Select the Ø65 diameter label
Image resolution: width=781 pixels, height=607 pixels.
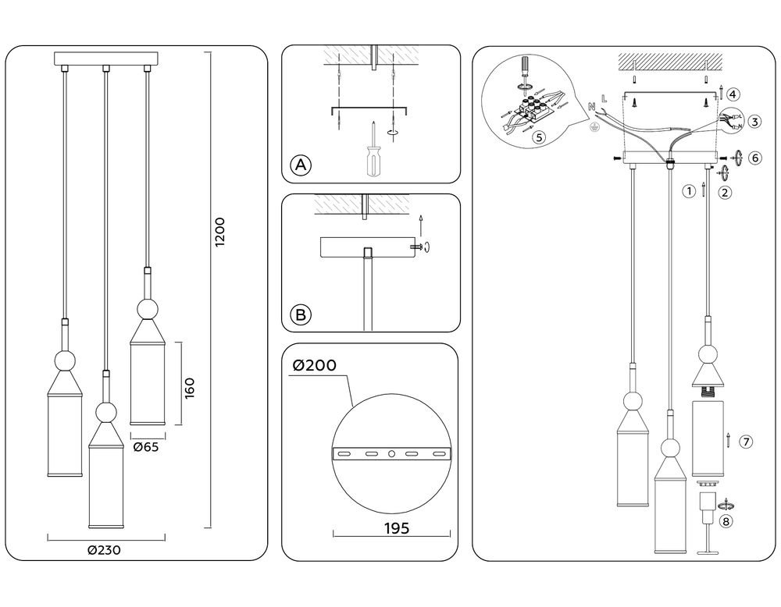pyautogui.click(x=146, y=447)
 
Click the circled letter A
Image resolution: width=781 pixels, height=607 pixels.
pyautogui.click(x=301, y=165)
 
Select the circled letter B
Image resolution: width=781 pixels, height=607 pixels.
pyautogui.click(x=301, y=315)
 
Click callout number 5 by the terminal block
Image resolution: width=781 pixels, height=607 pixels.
pyautogui.click(x=538, y=137)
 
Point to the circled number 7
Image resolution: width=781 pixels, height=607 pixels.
pyautogui.click(x=745, y=442)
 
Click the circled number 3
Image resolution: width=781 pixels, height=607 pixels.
pyautogui.click(x=754, y=122)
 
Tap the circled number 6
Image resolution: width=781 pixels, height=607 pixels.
pyautogui.click(x=754, y=157)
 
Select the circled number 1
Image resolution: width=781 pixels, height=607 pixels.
pyautogui.click(x=689, y=190)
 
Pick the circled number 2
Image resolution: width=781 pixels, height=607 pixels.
pyautogui.click(x=726, y=192)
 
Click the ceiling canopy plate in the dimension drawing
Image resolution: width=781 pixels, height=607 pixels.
pyautogui.click(x=106, y=59)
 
